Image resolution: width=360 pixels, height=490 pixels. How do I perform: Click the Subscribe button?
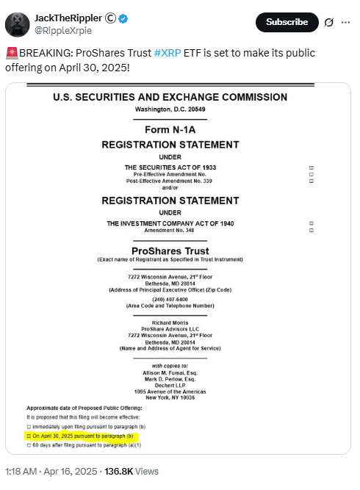coord(287,23)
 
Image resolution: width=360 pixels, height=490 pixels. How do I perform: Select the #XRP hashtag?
coord(168,54)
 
